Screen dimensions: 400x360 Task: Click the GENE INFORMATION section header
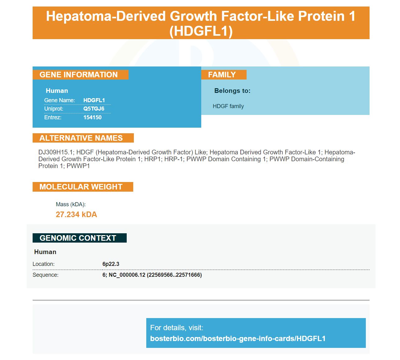pos(79,75)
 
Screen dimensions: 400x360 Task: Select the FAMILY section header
pos(222,75)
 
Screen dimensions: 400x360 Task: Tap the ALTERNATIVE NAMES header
pos(81,138)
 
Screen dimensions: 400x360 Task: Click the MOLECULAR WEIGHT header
pos(81,187)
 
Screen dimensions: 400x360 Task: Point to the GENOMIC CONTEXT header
pos(78,238)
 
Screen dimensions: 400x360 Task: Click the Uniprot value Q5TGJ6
pos(94,109)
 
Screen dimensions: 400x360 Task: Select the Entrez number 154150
pos(92,117)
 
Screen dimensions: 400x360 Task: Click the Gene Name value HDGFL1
pos(94,100)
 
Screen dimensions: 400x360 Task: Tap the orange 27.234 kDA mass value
pos(76,214)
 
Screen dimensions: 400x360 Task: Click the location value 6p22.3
pos(111,264)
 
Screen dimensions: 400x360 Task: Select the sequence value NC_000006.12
pos(127,275)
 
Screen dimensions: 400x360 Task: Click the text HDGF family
pos(228,106)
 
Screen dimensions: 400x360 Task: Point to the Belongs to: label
pos(232,91)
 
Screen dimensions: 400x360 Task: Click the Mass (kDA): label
pos(70,204)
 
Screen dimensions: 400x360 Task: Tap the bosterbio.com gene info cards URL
pos(238,339)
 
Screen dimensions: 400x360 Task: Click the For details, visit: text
pos(176,328)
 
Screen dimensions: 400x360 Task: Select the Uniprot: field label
pos(54,109)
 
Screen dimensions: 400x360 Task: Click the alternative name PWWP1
pos(78,166)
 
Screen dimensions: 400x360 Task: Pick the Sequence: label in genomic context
pos(45,275)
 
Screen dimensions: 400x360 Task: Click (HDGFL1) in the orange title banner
pos(201,31)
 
